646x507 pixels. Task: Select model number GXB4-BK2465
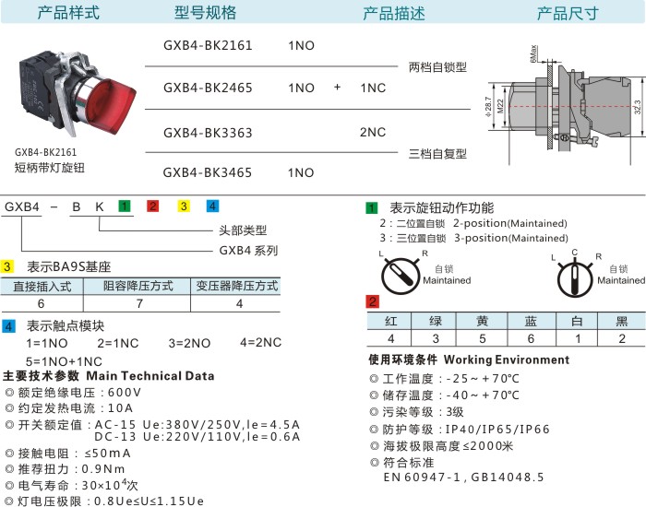(208, 88)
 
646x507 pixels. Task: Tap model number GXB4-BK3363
(208, 132)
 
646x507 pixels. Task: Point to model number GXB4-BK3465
(208, 172)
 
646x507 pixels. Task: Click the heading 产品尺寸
(568, 13)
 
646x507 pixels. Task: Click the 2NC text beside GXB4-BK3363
(373, 132)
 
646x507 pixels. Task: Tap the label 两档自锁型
(437, 66)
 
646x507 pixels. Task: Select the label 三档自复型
(437, 153)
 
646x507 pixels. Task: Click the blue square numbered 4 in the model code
(212, 206)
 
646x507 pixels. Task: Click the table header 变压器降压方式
(237, 286)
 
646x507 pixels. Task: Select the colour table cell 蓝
(531, 321)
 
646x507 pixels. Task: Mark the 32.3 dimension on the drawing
(638, 108)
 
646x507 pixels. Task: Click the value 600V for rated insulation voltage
(125, 392)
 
